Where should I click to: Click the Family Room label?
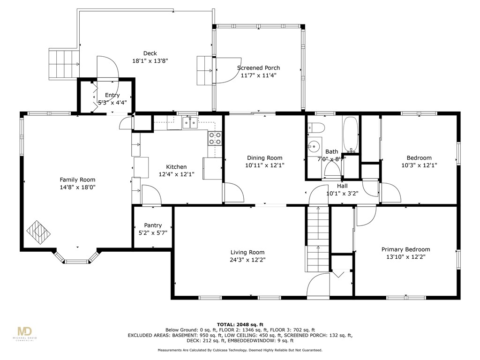(77, 180)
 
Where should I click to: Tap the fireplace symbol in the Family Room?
(38, 232)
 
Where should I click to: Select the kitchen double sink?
(190, 122)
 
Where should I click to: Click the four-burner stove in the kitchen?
(215, 138)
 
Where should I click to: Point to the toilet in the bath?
(315, 127)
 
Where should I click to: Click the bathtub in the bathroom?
(351, 135)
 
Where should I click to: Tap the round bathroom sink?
(314, 146)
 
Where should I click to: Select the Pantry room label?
(153, 225)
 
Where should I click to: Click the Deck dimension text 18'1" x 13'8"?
(150, 61)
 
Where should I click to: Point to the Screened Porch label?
(259, 67)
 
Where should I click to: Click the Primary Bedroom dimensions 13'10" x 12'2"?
(406, 257)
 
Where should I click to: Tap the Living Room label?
(247, 252)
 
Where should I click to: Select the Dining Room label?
(265, 157)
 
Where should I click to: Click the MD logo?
(25, 331)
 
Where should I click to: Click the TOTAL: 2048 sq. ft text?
(240, 324)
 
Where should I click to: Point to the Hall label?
(342, 186)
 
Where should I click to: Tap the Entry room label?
(112, 95)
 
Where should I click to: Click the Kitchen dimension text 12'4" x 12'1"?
(177, 174)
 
